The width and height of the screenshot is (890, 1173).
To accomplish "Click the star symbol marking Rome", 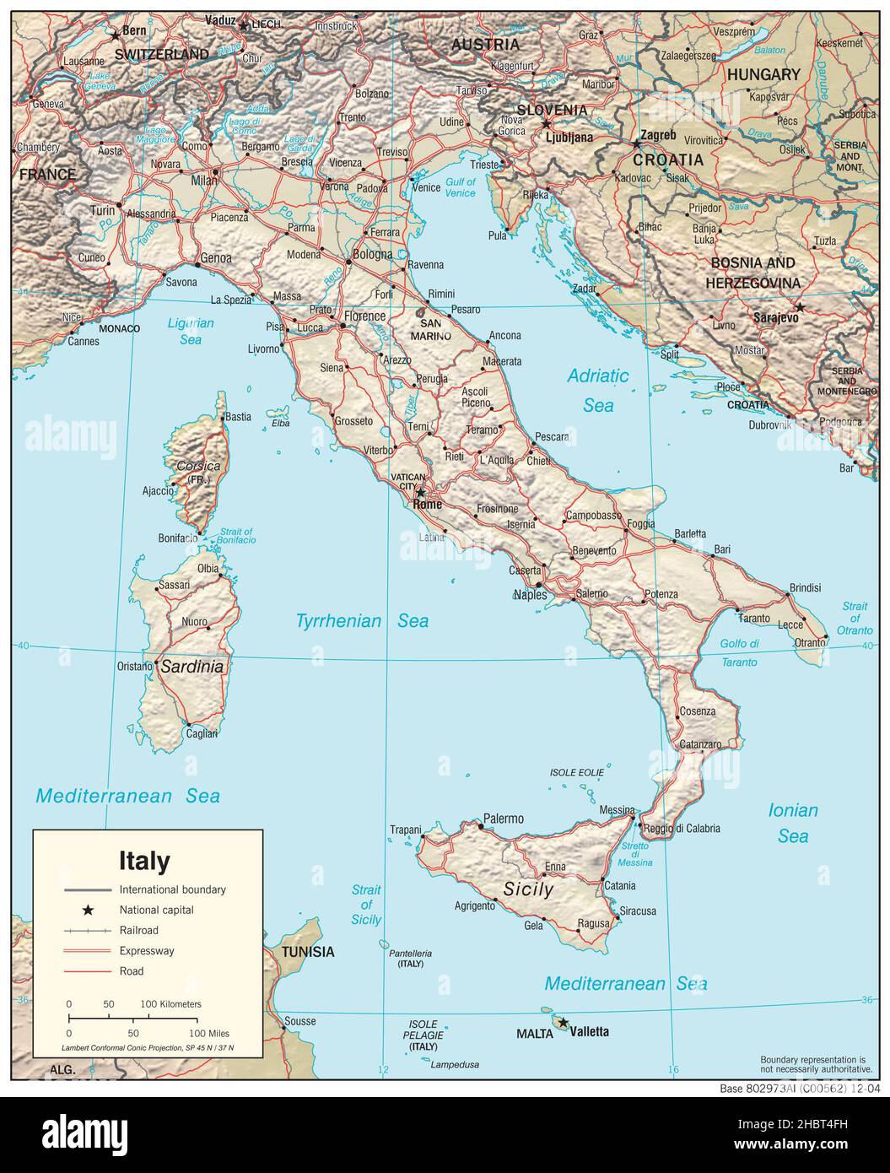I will click(x=420, y=492).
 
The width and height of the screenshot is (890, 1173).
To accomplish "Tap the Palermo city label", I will click(x=503, y=818).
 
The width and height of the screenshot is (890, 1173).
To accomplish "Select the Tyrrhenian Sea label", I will click(x=362, y=621).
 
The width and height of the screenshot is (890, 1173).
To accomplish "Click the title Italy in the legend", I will click(x=143, y=861).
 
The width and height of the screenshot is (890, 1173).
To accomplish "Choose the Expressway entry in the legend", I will click(x=146, y=950).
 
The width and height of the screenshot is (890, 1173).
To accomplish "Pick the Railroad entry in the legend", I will click(x=138, y=930).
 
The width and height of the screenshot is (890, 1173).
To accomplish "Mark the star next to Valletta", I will click(x=563, y=1023).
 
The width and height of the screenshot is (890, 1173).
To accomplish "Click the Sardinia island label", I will click(x=192, y=667).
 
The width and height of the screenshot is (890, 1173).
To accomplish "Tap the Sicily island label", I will click(x=528, y=889).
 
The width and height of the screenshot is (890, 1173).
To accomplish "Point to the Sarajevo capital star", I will click(x=799, y=307).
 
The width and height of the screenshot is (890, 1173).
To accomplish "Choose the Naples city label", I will click(x=530, y=595).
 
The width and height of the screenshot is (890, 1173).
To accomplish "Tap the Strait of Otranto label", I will click(x=855, y=619).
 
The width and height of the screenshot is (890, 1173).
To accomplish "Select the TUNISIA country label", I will click(x=307, y=952).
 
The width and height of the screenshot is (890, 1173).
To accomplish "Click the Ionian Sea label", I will click(x=793, y=823).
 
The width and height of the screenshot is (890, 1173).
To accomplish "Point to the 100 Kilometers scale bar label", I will click(x=170, y=1004).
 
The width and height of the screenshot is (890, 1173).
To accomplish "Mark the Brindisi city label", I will click(x=805, y=587).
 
